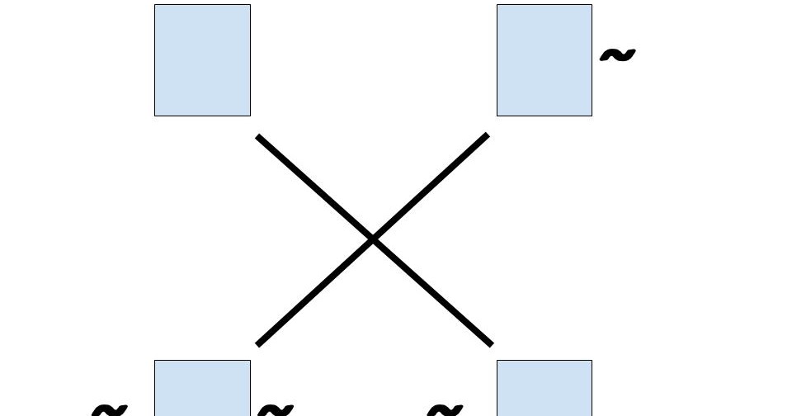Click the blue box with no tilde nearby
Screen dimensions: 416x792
tap(202, 60)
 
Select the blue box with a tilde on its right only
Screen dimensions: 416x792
tap(544, 60)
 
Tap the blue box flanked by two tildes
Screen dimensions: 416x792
tap(202, 388)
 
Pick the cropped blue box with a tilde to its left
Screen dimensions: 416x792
tap(544, 388)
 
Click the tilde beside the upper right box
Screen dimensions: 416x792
tap(617, 55)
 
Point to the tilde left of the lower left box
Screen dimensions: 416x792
tap(110, 409)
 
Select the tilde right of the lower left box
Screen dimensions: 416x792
tap(276, 409)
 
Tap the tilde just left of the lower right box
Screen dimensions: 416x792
tap(445, 409)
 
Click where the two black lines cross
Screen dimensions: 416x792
tap(373, 239)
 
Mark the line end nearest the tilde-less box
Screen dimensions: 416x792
tap(258, 136)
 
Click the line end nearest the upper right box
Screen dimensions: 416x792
tap(487, 135)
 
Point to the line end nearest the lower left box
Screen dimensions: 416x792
tap(259, 344)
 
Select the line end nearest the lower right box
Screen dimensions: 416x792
tap(491, 343)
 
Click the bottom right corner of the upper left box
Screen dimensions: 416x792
tap(250, 116)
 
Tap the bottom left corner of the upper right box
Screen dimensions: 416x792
tap(497, 116)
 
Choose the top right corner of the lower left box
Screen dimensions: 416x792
tap(250, 361)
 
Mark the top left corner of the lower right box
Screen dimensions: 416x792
tap(497, 361)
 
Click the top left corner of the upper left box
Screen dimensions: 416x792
tap(155, 5)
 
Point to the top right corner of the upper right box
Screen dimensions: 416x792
tap(592, 5)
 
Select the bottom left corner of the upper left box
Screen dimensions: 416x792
tap(155, 116)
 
